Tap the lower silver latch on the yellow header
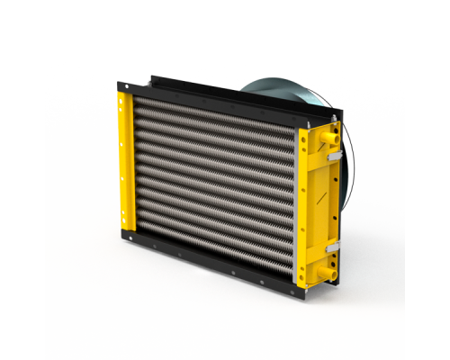(330, 245)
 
